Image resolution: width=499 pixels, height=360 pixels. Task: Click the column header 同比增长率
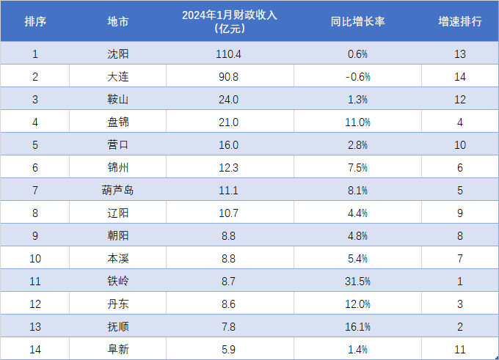pos(358,21)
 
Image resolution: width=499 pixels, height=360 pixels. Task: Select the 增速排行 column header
pos(460,21)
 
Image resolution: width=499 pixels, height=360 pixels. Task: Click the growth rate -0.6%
pos(358,76)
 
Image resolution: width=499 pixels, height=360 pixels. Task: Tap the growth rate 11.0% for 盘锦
pos(358,122)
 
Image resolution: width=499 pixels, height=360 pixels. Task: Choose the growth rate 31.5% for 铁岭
pos(358,282)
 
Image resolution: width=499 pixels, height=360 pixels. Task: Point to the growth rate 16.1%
pos(358,327)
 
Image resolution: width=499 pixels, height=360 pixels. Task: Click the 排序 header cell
pos(35,21)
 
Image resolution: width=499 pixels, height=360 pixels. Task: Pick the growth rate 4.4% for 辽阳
pos(358,213)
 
